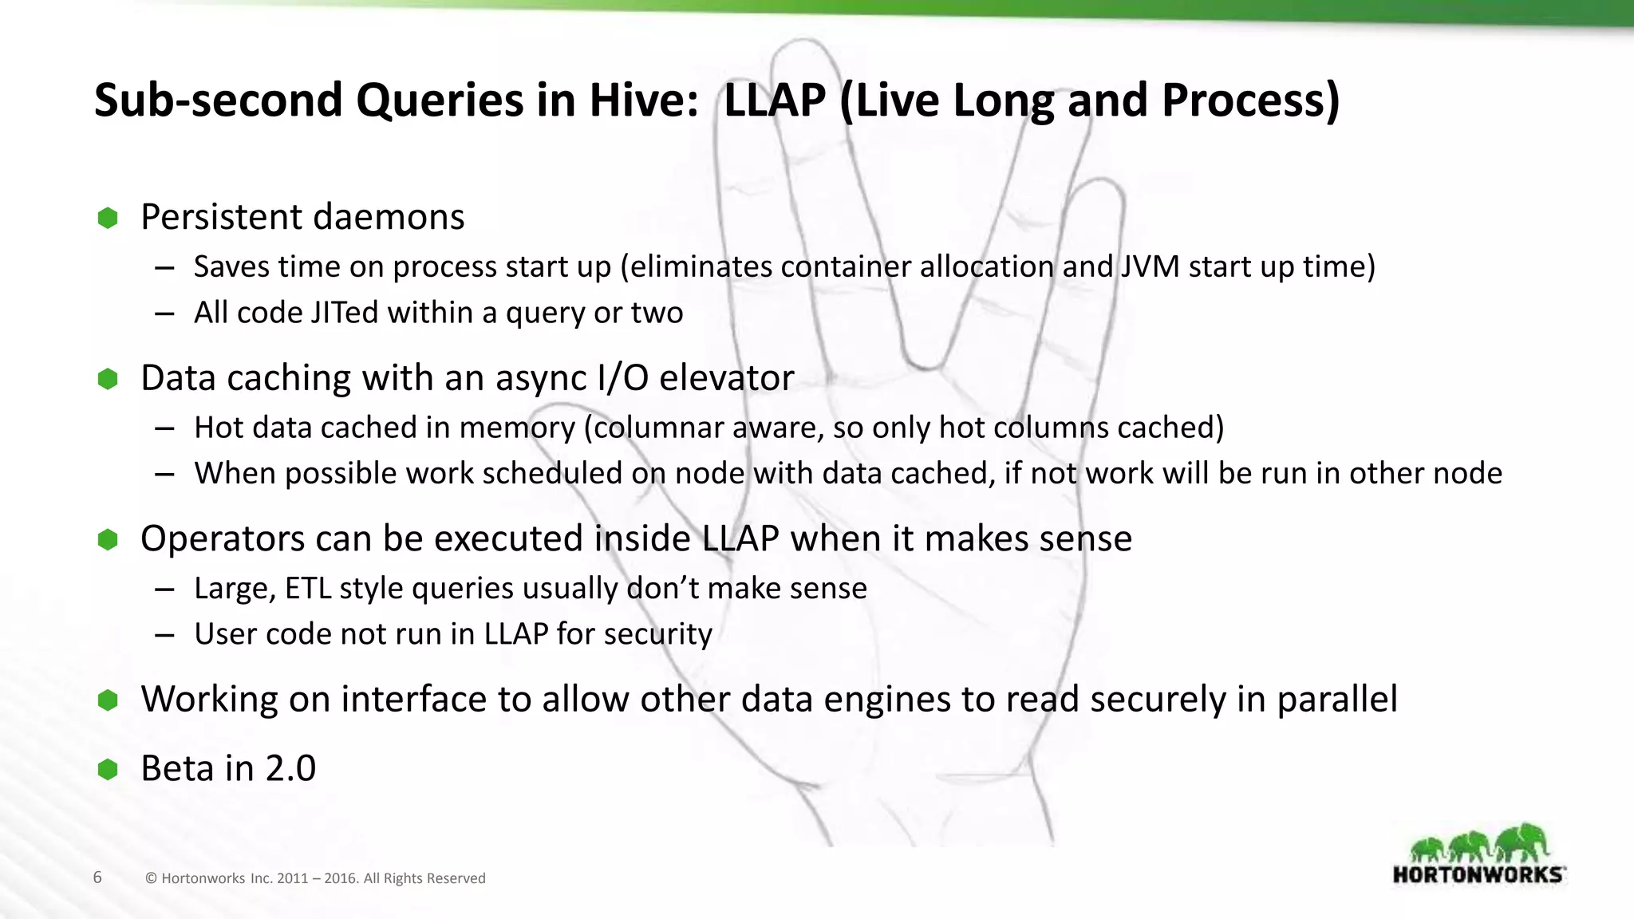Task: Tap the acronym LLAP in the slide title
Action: point(774,101)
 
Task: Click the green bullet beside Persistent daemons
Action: point(108,218)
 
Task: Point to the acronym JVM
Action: point(1150,266)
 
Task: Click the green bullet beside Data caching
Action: point(108,379)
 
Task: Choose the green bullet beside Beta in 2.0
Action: point(108,770)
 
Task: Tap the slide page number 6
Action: point(97,878)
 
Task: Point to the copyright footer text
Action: point(315,878)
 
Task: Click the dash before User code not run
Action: point(165,635)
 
